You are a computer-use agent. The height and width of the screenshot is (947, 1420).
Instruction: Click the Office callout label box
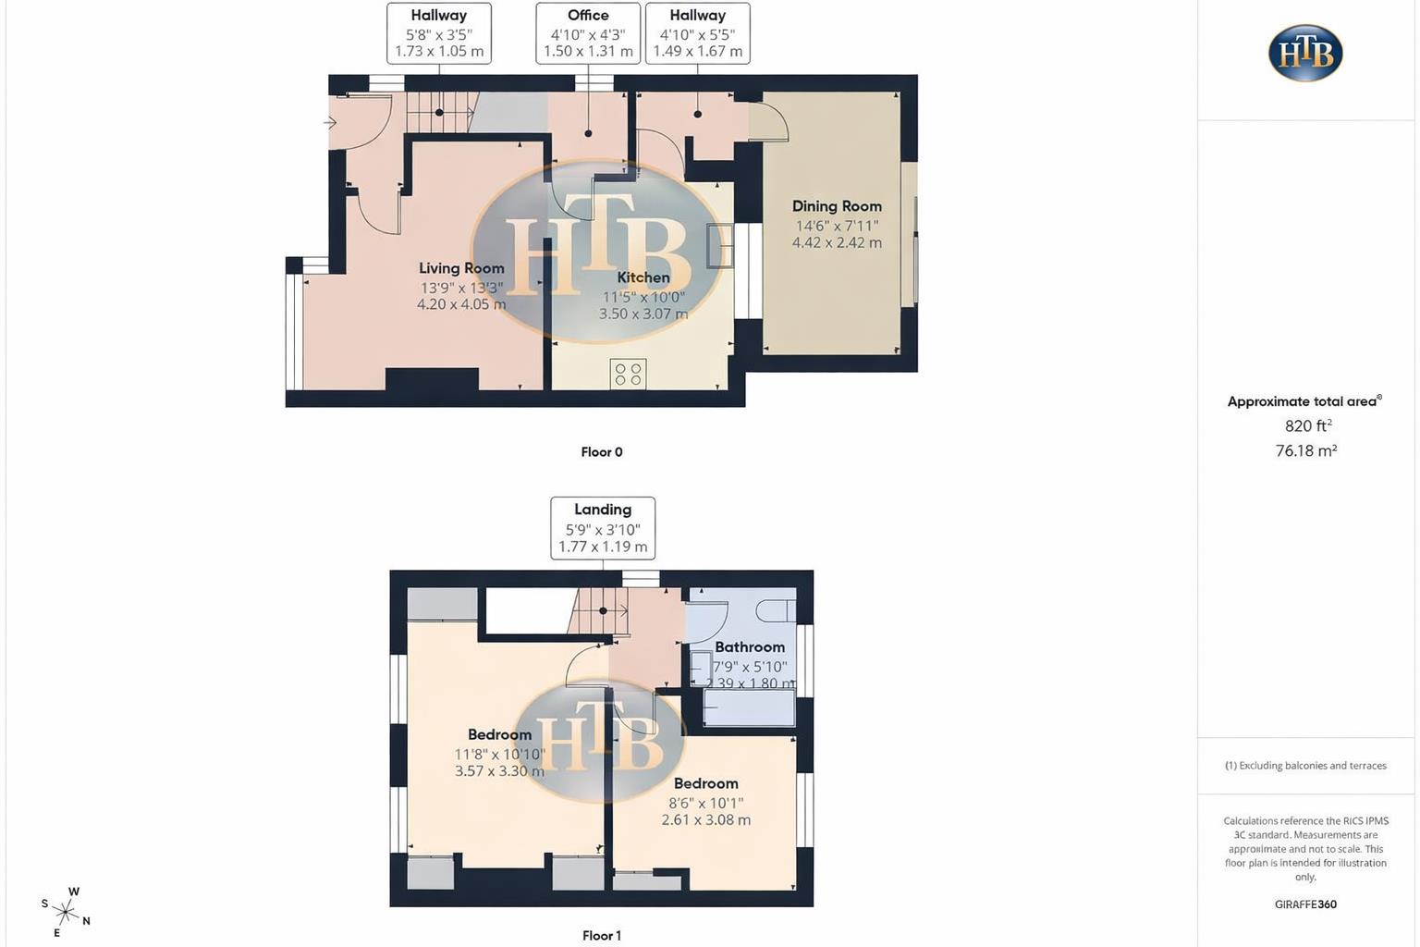(588, 33)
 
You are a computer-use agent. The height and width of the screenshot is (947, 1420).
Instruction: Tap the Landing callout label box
(603, 528)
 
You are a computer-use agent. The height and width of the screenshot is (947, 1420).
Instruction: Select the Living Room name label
(461, 268)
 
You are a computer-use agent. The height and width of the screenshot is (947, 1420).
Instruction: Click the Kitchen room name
(643, 277)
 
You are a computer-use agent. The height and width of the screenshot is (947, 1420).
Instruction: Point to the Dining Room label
(837, 206)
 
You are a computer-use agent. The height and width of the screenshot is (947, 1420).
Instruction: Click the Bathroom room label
(750, 647)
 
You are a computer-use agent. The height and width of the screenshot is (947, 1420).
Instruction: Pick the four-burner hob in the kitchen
(629, 374)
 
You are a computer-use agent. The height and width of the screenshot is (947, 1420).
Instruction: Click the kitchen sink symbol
(719, 246)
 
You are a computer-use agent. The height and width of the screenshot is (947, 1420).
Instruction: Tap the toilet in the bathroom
(777, 610)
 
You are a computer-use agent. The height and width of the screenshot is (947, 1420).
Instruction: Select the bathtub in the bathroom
(749, 708)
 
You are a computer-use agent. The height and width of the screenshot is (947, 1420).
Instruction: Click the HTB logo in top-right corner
(1305, 53)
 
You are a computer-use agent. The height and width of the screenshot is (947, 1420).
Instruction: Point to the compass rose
(66, 913)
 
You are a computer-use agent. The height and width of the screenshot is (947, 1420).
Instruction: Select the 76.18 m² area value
(1306, 451)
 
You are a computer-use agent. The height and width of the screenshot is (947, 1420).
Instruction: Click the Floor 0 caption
(602, 452)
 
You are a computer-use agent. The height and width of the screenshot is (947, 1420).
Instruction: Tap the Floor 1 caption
(602, 936)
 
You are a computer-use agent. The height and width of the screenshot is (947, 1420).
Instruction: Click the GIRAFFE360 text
(1305, 904)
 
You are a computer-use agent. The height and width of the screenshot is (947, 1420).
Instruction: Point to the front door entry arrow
(330, 122)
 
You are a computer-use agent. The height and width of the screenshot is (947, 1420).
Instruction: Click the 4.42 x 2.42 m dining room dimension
(837, 243)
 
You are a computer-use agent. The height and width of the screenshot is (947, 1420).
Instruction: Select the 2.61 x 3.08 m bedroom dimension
(705, 820)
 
